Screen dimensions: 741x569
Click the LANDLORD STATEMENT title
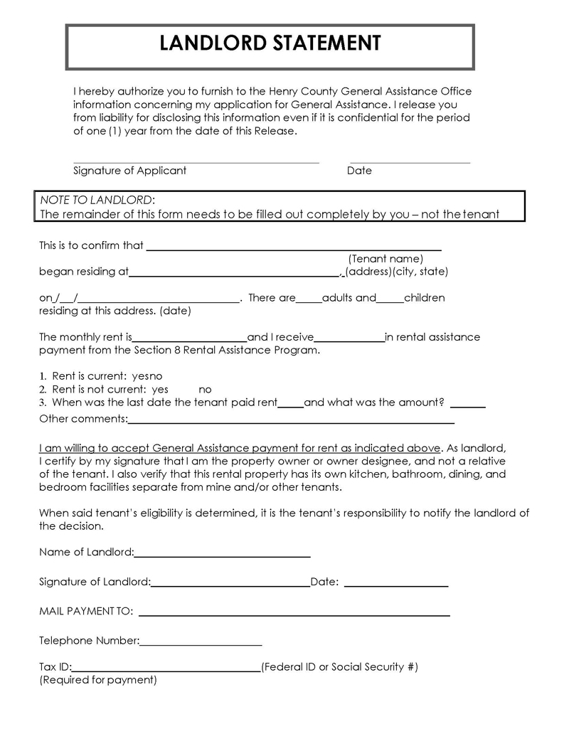click(270, 44)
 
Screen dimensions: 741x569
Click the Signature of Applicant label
click(129, 171)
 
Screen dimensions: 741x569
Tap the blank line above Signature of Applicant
click(196, 162)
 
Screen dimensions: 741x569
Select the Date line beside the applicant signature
click(410, 162)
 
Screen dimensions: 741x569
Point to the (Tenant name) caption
click(385, 259)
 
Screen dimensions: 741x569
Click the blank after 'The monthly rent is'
click(190, 340)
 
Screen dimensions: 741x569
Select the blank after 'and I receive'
click(349, 340)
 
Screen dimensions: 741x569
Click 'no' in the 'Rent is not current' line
click(205, 390)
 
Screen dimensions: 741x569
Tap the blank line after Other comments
click(291, 422)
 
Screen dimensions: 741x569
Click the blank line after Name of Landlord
click(222, 555)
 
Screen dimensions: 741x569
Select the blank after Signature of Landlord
click(230, 585)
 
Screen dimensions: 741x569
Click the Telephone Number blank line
click(201, 644)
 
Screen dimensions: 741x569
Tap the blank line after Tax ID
click(166, 670)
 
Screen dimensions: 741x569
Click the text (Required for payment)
click(98, 680)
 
